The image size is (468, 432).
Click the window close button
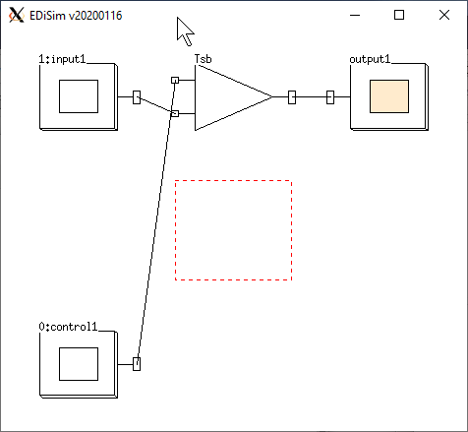[x=444, y=15]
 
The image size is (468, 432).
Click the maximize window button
[x=399, y=15]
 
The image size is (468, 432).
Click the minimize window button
[x=355, y=15]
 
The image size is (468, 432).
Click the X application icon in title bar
[x=17, y=15]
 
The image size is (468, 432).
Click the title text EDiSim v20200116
[x=76, y=16]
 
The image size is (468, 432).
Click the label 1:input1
[x=62, y=59]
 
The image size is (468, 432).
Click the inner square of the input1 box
[x=79, y=96]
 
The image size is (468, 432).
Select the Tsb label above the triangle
[x=204, y=59]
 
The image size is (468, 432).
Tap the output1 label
[x=370, y=59]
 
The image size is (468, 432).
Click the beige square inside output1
[x=389, y=96]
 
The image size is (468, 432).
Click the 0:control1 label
[x=68, y=327]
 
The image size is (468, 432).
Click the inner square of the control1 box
[x=79, y=364]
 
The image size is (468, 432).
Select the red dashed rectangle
[x=233, y=180]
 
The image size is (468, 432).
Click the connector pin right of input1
[x=137, y=97]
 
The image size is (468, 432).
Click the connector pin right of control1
[x=137, y=364]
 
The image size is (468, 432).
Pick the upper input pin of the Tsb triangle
[x=175, y=80]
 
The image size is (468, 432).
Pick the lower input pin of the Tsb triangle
[x=175, y=113]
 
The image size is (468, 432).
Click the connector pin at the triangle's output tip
[x=292, y=97]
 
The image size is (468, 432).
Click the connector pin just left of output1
[x=330, y=97]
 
